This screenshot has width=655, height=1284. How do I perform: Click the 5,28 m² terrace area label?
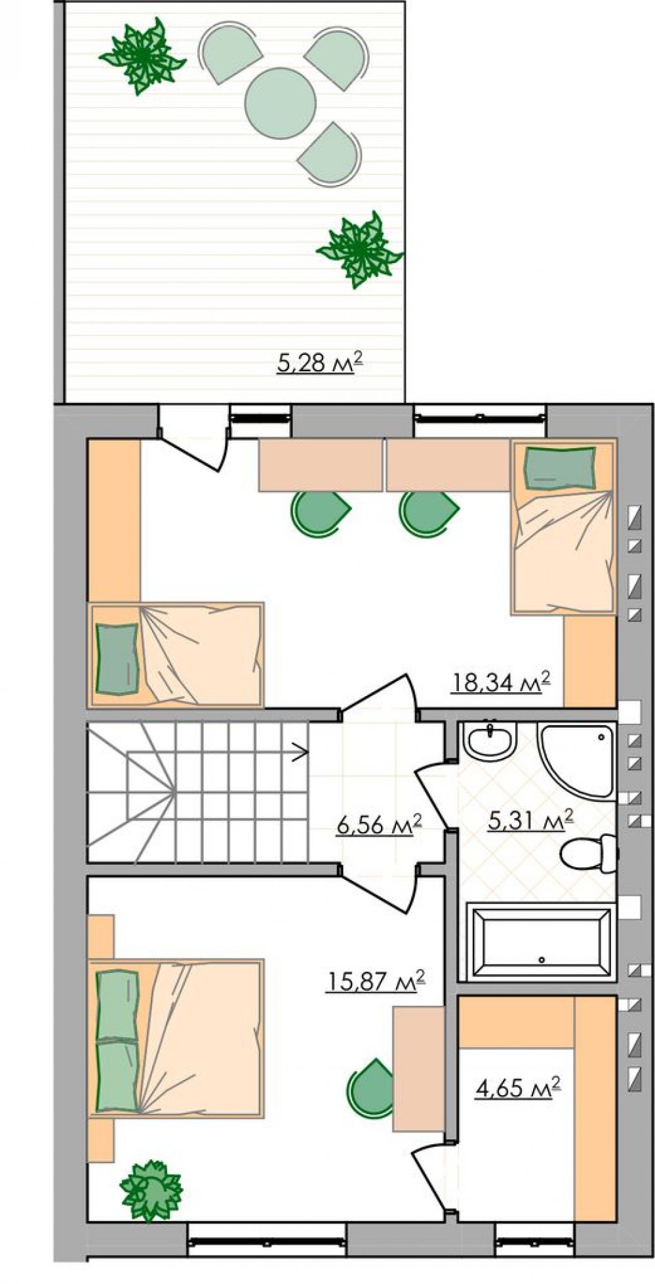pos(320,363)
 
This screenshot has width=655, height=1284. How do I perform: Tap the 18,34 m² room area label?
pos(500,682)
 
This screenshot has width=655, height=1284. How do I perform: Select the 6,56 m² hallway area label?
pos(378,824)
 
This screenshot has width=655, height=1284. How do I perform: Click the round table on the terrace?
pos(281,103)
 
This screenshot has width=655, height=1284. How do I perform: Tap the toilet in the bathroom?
pos(588,853)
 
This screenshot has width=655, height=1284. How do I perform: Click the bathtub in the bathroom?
pos(542,941)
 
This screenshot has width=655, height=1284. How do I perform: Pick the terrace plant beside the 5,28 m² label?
pos(359,249)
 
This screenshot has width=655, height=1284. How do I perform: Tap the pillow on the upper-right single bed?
pos(560,468)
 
